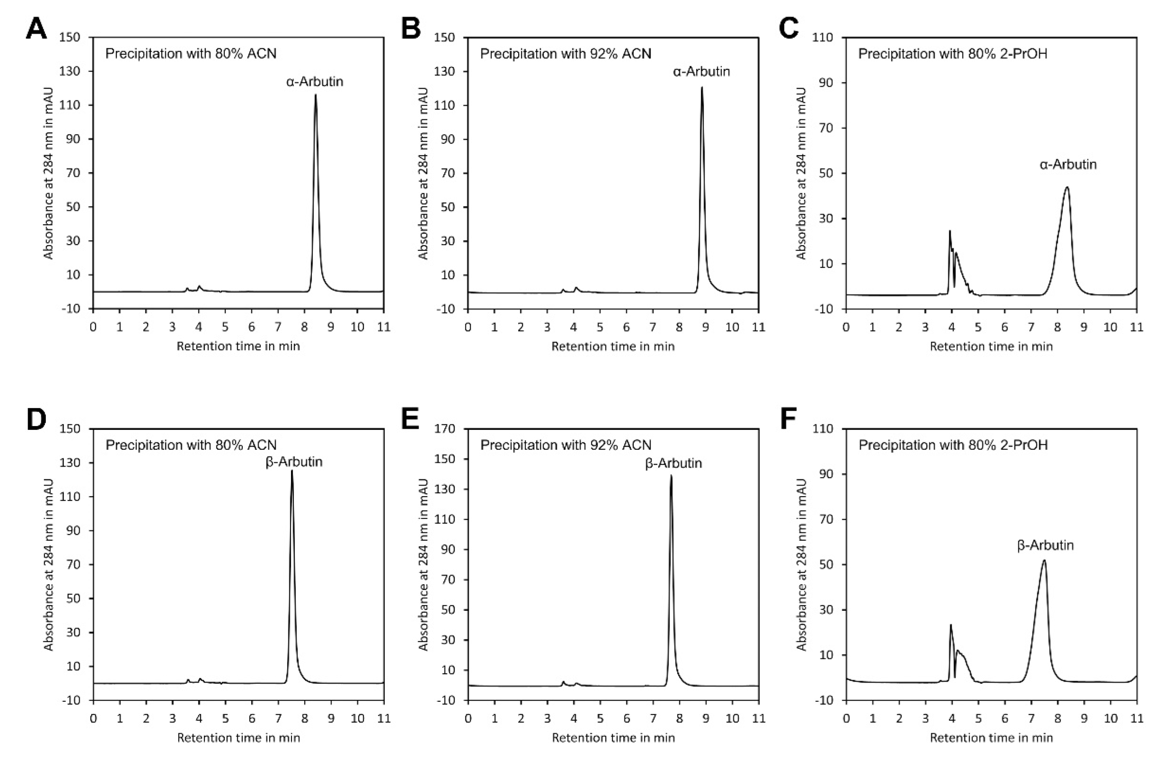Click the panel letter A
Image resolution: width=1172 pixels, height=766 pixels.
36,28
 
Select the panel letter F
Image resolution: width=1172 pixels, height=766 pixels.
788,419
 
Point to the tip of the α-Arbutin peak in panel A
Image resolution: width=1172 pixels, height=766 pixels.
315,95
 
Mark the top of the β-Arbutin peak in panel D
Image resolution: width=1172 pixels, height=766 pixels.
292,471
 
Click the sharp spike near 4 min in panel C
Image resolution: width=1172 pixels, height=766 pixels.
949,231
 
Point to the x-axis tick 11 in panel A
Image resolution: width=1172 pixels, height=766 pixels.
383,327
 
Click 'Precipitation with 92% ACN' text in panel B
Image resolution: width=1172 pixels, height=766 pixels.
565,53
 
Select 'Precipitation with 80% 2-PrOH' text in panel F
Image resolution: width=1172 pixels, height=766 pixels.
953,445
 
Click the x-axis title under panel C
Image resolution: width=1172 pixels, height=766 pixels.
991,347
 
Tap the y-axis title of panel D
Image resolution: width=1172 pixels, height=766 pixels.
48,564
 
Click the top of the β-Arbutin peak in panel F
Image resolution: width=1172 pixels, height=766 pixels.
1043,560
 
